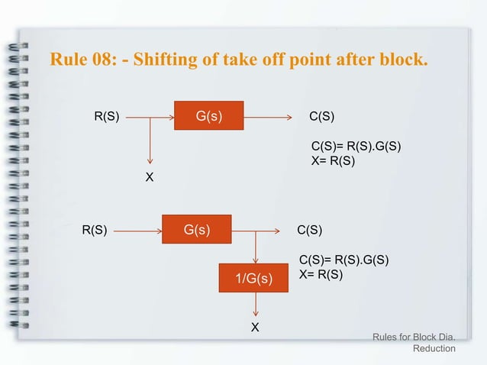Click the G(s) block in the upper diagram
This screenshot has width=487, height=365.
(208, 117)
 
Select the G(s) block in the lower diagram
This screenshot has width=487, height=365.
(197, 230)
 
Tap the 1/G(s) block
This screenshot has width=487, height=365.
(255, 279)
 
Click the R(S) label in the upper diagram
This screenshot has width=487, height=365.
(106, 117)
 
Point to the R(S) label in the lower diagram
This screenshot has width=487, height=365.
(94, 230)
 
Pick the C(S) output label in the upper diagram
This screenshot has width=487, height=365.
(321, 117)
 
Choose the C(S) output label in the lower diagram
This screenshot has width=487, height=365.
(309, 230)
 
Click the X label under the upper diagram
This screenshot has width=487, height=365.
(150, 177)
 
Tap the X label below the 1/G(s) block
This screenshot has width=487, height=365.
(255, 328)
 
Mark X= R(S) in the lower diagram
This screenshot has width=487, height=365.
(321, 274)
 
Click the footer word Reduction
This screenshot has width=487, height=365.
(434, 349)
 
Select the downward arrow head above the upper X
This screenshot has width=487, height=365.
(150, 160)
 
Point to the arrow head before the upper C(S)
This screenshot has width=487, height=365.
(289, 118)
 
